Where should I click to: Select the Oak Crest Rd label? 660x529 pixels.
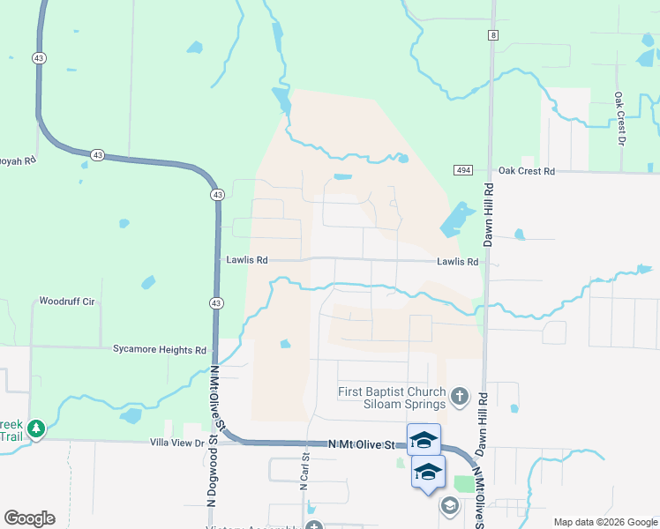pos(526,171)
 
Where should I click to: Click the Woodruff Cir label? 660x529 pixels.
pos(66,301)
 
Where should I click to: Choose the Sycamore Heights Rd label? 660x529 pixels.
pos(159,350)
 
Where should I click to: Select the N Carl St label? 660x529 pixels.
pos(304,472)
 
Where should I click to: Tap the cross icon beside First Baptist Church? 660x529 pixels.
pos(459,398)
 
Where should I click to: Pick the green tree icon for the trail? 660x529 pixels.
pos(35,429)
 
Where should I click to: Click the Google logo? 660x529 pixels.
pos(29,518)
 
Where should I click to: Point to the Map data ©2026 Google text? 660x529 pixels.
pos(604,522)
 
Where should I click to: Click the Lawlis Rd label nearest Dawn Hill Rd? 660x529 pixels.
pos(457,262)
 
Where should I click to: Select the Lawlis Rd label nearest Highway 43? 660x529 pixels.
pos(246,261)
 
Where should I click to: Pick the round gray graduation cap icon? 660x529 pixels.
pos(449,505)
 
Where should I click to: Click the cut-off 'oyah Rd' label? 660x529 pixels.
pos(18,160)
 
